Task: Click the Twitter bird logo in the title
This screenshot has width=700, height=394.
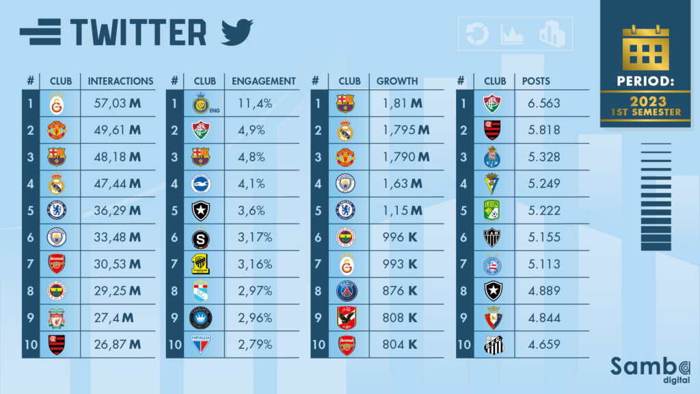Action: click(237, 31)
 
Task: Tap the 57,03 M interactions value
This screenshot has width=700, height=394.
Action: click(116, 103)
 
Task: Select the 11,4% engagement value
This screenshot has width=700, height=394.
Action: click(254, 103)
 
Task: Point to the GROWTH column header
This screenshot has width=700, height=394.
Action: click(397, 81)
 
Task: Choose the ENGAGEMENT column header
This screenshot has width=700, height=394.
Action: click(264, 81)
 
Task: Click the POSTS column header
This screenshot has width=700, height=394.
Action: click(536, 81)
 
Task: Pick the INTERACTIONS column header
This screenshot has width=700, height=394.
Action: click(121, 81)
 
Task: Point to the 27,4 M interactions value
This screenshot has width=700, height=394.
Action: click(115, 317)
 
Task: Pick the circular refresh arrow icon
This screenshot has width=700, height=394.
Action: click(477, 34)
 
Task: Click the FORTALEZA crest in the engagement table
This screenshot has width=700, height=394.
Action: click(201, 344)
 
